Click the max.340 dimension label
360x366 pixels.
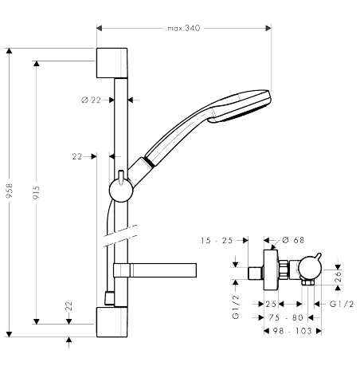click(183, 28)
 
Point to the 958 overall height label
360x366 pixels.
click(10, 191)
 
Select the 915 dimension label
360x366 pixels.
click(37, 192)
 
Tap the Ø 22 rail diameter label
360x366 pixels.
click(91, 100)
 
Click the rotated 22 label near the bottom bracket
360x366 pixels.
click(68, 306)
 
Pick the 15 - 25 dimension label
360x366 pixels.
click(217, 241)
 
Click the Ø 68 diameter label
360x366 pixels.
click(293, 240)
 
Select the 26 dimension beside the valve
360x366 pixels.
click(338, 277)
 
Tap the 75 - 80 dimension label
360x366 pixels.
click(286, 317)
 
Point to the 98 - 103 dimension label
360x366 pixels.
click(292, 331)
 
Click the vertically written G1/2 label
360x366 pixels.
click(236, 307)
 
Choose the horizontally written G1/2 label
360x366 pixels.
click(342, 304)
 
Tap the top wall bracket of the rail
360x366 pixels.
click(112, 63)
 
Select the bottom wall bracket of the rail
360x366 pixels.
click(112, 322)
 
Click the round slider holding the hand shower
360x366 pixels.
click(121, 190)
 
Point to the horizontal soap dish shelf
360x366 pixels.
click(155, 270)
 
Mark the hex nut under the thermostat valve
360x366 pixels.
click(307, 282)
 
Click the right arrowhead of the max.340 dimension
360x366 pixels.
click(268, 28)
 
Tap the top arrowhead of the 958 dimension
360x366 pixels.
click(10, 51)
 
